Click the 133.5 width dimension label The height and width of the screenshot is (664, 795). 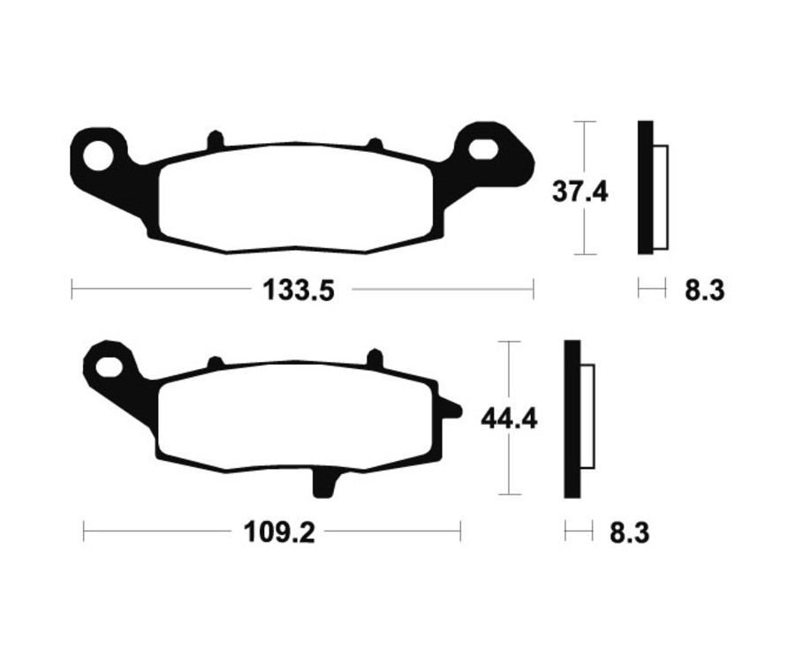[x=299, y=289]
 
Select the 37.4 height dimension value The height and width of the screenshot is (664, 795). [x=580, y=191]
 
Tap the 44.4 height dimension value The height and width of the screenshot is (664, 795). [x=509, y=418]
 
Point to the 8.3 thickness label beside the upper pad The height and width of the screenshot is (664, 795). [x=704, y=289]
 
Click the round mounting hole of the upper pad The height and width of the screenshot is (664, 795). [x=100, y=155]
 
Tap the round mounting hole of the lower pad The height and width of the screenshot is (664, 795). [x=109, y=365]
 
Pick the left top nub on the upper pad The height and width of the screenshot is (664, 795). [x=214, y=140]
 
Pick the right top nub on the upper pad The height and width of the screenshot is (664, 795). [x=374, y=143]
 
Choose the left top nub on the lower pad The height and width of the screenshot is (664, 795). [x=214, y=362]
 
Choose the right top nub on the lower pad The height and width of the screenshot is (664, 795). [x=374, y=358]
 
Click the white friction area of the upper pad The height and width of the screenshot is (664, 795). [x=296, y=199]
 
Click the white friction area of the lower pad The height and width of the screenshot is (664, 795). [x=296, y=415]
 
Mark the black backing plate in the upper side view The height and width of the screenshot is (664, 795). [x=645, y=187]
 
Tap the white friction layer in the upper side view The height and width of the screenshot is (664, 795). [x=661, y=196]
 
